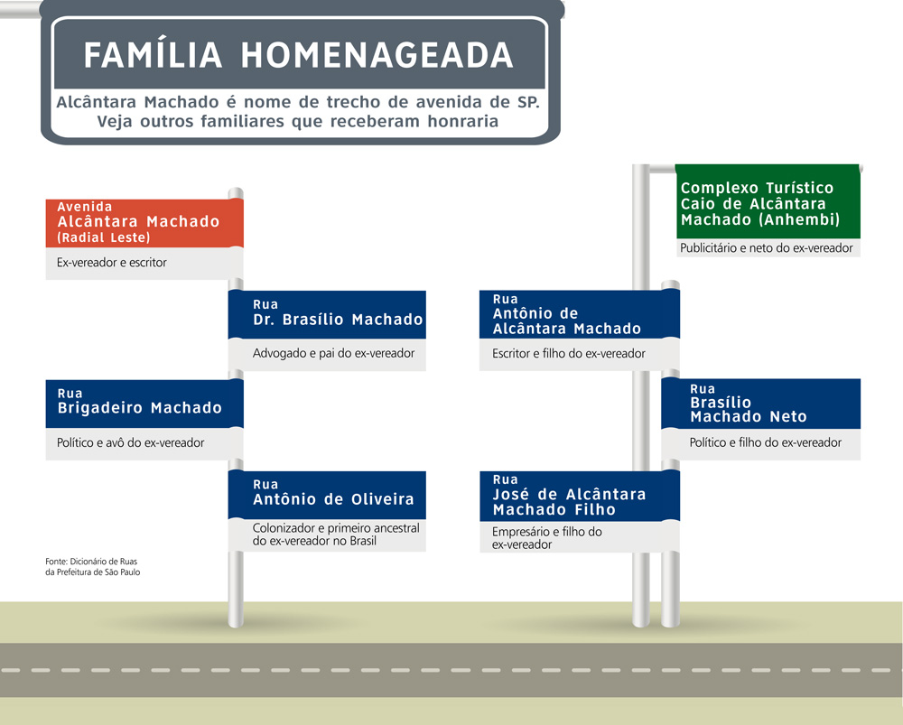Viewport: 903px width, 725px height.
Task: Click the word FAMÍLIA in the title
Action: click(x=154, y=55)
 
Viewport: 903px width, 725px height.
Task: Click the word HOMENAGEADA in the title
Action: click(x=377, y=55)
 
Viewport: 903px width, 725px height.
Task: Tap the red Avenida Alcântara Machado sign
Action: click(x=144, y=223)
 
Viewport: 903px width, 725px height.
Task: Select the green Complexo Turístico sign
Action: click(x=768, y=201)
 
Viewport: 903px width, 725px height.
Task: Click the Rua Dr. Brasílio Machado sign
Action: click(x=327, y=314)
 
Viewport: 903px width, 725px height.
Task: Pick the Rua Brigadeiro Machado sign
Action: click(x=144, y=404)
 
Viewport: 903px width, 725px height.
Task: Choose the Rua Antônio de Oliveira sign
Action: click(x=327, y=496)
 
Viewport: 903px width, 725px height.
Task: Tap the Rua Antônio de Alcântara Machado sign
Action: click(x=580, y=314)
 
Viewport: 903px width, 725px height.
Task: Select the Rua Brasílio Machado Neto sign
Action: click(x=760, y=404)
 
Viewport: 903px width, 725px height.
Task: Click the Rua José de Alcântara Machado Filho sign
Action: click(x=580, y=496)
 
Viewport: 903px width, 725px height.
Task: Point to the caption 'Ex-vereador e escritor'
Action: click(x=112, y=263)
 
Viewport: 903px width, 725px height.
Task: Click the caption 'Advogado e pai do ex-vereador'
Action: click(x=333, y=353)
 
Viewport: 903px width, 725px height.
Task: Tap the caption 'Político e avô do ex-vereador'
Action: click(x=130, y=442)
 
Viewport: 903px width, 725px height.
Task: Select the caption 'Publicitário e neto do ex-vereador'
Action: click(x=766, y=248)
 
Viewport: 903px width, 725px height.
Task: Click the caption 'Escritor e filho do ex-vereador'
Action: click(x=568, y=354)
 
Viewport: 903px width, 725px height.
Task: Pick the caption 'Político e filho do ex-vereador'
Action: click(x=766, y=442)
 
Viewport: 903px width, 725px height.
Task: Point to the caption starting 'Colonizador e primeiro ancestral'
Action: click(x=336, y=534)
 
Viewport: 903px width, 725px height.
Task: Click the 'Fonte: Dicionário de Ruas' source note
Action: click(x=93, y=567)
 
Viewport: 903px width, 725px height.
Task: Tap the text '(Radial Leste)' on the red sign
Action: click(x=104, y=237)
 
